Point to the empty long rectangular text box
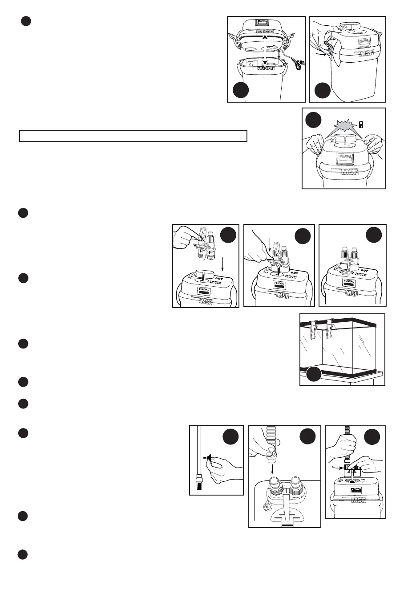click(133, 136)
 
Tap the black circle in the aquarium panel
click(314, 374)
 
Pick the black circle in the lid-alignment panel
click(241, 90)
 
